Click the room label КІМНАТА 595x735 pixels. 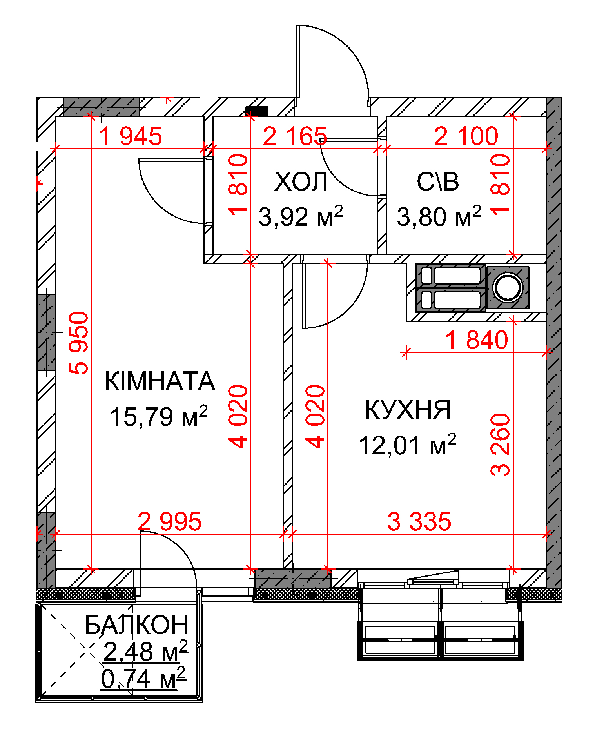pyautogui.click(x=160, y=381)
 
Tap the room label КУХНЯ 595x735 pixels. pyautogui.click(x=408, y=410)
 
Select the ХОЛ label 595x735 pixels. pyautogui.click(x=301, y=182)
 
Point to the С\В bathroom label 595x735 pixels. pyautogui.click(x=438, y=182)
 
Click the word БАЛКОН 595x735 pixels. pyautogui.click(x=137, y=625)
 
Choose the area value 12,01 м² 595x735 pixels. pyautogui.click(x=408, y=445)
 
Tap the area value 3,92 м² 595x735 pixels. pyautogui.click(x=301, y=216)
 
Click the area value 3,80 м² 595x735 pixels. pyautogui.click(x=439, y=216)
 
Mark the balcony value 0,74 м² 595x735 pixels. pyautogui.click(x=143, y=679)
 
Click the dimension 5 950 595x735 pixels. pyautogui.click(x=79, y=342)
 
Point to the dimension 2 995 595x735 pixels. pyautogui.click(x=170, y=521)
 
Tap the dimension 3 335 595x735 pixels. pyautogui.click(x=419, y=521)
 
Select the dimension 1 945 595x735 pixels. pyautogui.click(x=131, y=136)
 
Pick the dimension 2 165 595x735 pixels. pyautogui.click(x=295, y=136)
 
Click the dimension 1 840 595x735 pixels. pyautogui.click(x=477, y=340)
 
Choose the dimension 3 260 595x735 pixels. pyautogui.click(x=501, y=445)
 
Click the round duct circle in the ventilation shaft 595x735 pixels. pyautogui.click(x=508, y=288)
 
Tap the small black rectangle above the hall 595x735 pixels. pyautogui.click(x=257, y=111)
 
